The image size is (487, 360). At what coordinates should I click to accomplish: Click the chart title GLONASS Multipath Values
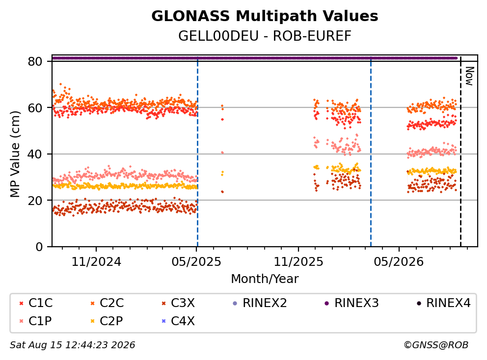pos(265,16)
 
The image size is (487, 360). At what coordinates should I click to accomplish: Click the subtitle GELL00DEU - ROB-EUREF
pos(265,36)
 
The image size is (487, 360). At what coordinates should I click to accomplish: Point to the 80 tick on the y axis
pos(35,61)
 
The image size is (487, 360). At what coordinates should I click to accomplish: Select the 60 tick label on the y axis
pos(35,108)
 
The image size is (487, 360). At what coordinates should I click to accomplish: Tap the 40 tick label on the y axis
pos(35,154)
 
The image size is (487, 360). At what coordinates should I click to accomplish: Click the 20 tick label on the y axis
pos(35,201)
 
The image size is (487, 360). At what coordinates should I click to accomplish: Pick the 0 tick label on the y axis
pos(39,247)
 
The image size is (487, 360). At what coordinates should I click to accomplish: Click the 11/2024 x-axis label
pos(96,262)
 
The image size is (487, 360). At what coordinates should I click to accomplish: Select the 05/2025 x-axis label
pos(196,262)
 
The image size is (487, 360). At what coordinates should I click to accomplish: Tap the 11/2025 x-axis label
pos(298,262)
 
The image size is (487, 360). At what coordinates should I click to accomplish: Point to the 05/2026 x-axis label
pos(399,262)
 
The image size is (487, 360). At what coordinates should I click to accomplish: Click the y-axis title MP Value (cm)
pos(15,154)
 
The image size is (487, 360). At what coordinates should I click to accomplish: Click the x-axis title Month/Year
pos(265,279)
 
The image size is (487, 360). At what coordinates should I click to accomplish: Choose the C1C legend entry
pos(36,303)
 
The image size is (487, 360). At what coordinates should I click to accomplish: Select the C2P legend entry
pos(107,321)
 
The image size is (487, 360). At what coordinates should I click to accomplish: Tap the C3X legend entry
pos(178,303)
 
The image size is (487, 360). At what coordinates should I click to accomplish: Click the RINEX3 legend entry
pos(352,303)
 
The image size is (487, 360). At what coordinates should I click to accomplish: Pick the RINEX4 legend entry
pos(443,303)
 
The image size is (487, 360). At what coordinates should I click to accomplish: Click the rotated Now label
pos(469,76)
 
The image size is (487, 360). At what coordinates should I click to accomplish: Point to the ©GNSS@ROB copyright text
pos(436,345)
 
